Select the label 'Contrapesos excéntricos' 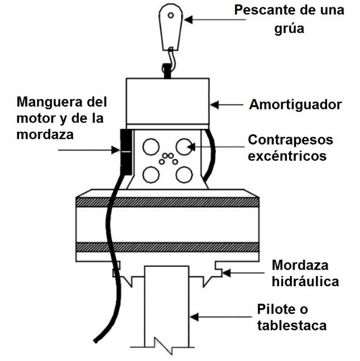(287, 147)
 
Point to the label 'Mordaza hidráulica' (305, 273)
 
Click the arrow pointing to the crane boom (207, 19)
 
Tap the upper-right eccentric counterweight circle (183, 147)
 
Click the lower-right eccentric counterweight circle (183, 175)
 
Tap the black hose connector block (124, 150)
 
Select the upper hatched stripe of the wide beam (167, 202)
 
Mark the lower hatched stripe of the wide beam (167, 247)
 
